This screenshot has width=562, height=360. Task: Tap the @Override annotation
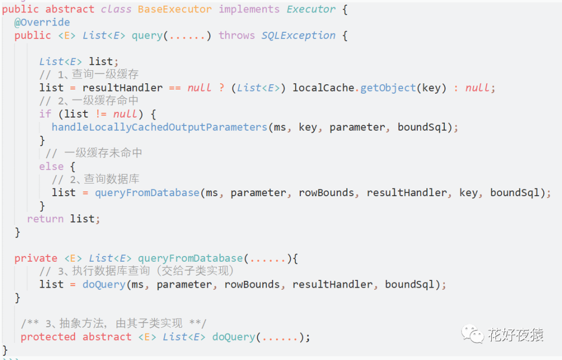tap(42, 22)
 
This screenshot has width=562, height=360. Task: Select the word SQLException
tap(298, 35)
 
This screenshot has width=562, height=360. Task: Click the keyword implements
tap(249, 9)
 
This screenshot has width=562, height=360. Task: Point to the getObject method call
tap(388, 88)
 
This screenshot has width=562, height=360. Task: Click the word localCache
tap(323, 88)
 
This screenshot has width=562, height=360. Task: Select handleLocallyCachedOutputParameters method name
tap(159, 127)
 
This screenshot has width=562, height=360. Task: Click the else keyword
tap(52, 166)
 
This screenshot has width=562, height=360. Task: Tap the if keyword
tap(45, 114)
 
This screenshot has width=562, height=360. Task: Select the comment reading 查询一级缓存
tap(104, 74)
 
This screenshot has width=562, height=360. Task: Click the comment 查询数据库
tap(111, 179)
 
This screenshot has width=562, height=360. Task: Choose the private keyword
tap(36, 259)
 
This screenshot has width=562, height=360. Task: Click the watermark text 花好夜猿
tap(515, 335)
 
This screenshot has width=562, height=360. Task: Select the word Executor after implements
tap(311, 9)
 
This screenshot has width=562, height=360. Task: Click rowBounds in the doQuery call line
tap(252, 285)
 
